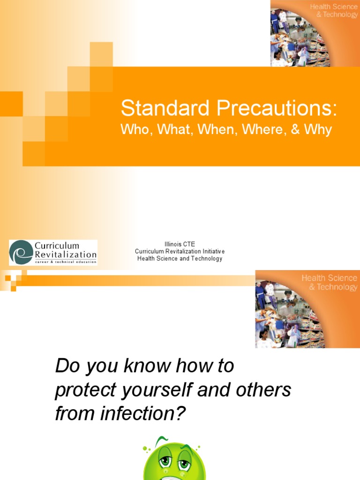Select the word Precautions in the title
coord(276,109)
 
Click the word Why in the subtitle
coord(318,130)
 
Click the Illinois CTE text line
coord(180,244)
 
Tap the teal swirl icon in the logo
coord(22,253)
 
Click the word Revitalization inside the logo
coord(66,255)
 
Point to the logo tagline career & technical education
coord(66,262)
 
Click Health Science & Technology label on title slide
coord(333,10)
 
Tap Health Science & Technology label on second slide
coord(329,282)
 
